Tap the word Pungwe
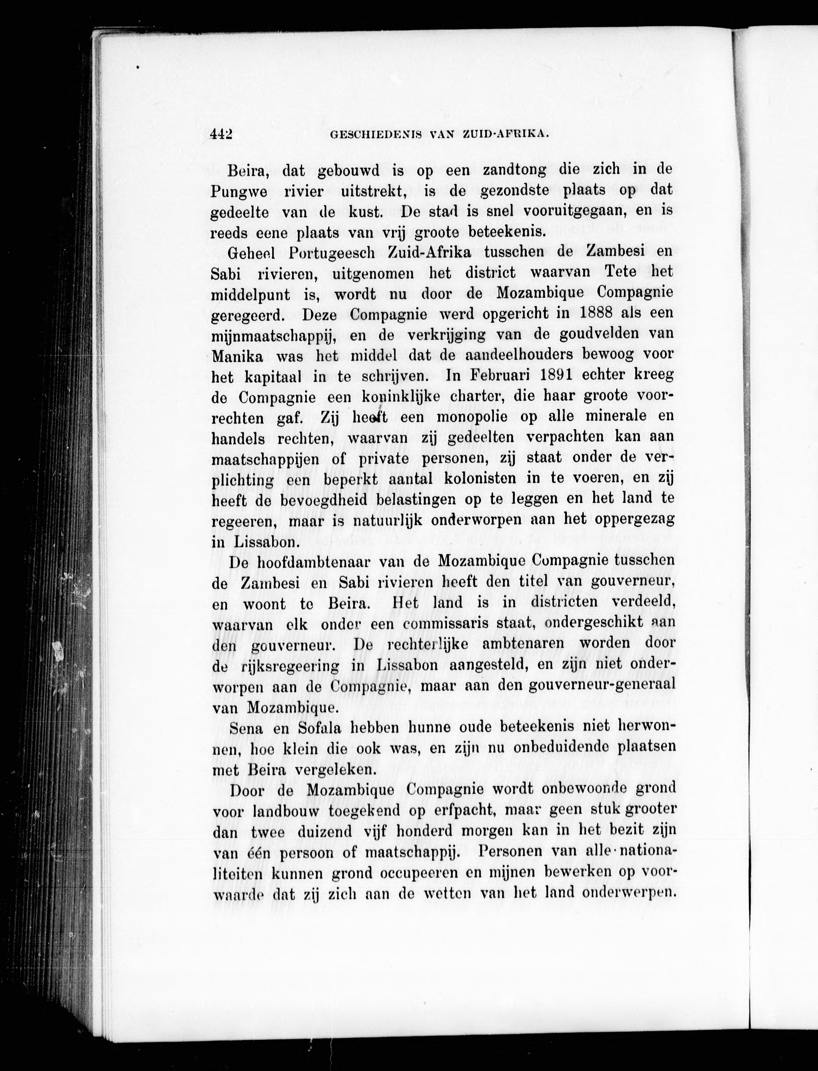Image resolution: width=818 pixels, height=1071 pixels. tap(239, 192)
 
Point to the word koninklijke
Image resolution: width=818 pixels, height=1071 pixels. tap(401, 397)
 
